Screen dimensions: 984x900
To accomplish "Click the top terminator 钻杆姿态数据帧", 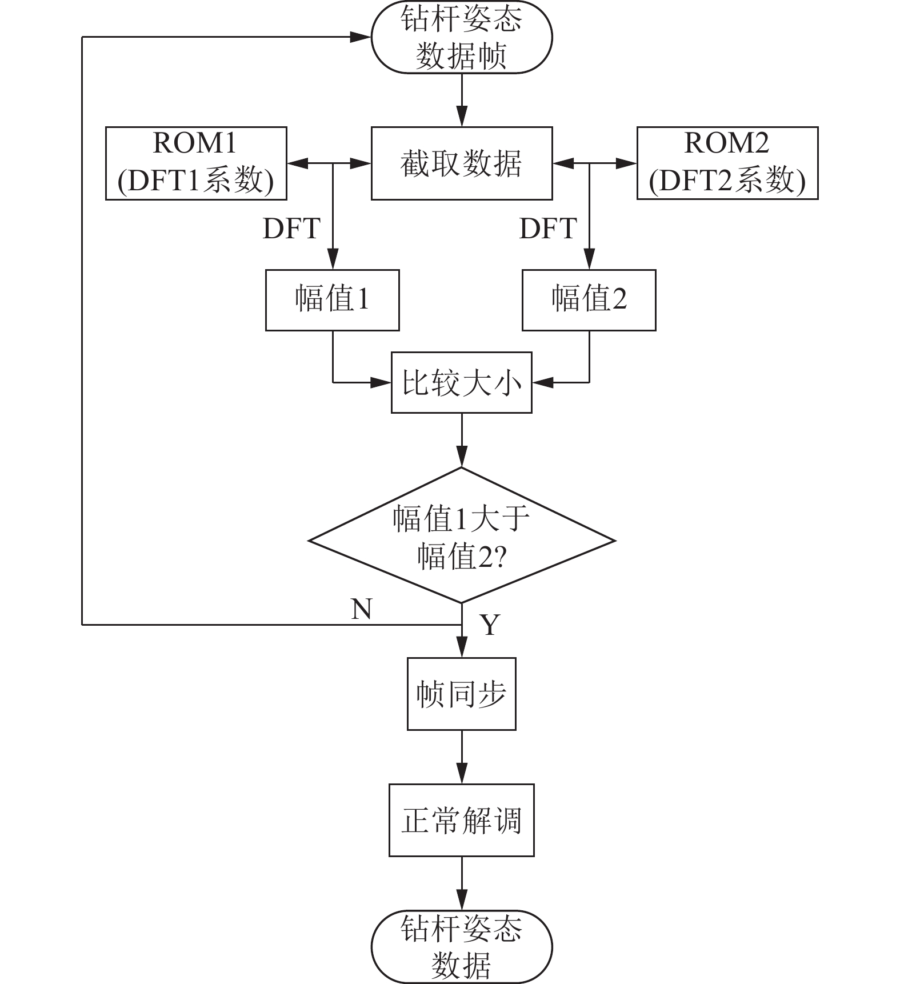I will click(x=462, y=38).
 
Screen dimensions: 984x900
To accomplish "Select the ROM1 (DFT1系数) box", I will click(x=196, y=163).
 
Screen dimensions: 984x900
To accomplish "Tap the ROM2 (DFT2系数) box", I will click(x=727, y=163).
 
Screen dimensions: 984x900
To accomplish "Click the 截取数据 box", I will click(x=462, y=163).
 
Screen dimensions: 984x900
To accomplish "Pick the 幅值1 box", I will click(x=332, y=300).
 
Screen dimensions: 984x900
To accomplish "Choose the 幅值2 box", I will click(x=589, y=300).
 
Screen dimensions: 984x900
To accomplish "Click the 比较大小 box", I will click(x=462, y=382).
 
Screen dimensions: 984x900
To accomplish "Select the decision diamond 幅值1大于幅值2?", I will click(x=462, y=535).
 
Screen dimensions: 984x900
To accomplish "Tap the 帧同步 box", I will click(x=462, y=694).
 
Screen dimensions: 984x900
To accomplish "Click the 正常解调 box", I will click(x=462, y=820).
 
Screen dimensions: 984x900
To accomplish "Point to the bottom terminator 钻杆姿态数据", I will click(x=462, y=946).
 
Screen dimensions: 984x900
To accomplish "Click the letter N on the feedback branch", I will click(x=362, y=609).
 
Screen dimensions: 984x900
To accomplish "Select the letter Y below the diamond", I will click(x=490, y=625).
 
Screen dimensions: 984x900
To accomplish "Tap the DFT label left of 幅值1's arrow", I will click(x=291, y=229).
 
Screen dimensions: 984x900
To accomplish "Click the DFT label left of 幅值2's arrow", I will click(x=548, y=229).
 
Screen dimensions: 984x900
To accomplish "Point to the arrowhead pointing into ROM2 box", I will click(x=627, y=163).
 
